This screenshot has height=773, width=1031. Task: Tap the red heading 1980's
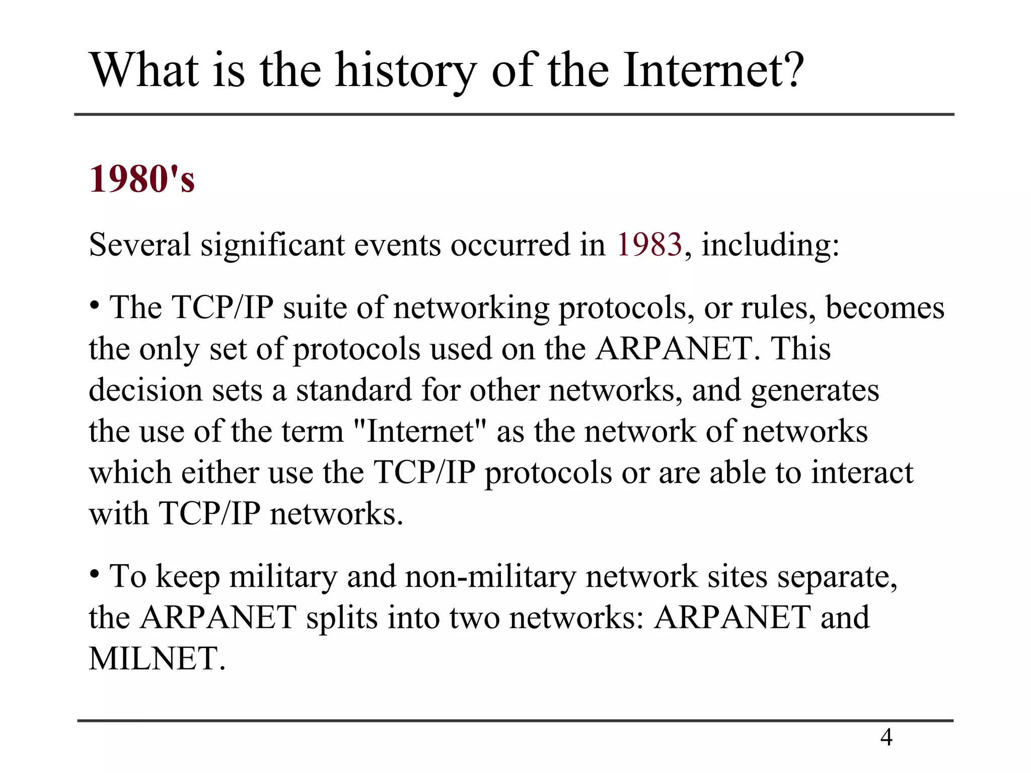tap(142, 179)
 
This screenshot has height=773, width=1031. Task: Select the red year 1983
tap(649, 245)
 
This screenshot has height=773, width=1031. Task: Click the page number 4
tap(886, 737)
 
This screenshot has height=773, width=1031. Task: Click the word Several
tap(140, 245)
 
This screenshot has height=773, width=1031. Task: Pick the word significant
tap(272, 245)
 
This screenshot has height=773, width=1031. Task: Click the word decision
tap(145, 390)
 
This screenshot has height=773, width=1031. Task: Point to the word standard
tap(353, 390)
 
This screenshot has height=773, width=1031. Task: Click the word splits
tap(342, 618)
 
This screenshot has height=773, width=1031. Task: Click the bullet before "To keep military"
tap(94, 574)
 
